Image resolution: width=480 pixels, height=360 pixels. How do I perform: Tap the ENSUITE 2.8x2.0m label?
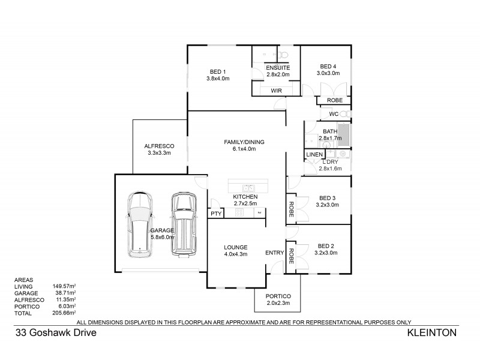[278, 71]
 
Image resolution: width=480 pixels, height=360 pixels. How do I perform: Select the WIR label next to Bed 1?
[277, 91]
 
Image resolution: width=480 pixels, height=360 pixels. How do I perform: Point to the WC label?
[334, 114]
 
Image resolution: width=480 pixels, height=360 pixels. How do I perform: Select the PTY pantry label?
[215, 214]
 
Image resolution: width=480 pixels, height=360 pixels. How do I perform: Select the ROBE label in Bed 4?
[334, 100]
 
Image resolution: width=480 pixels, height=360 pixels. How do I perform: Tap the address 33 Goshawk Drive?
[51, 331]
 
